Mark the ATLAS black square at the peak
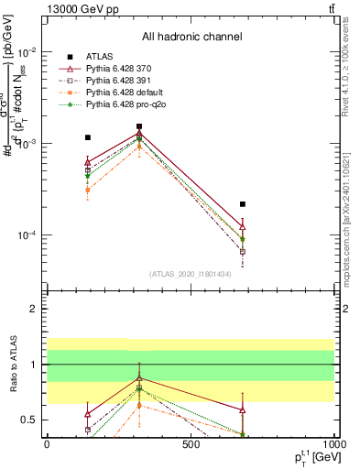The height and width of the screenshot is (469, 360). click(139, 126)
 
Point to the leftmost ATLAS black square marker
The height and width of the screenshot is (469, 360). click(88, 137)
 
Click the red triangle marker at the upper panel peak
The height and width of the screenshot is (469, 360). click(139, 134)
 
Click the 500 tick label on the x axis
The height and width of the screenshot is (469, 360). click(191, 445)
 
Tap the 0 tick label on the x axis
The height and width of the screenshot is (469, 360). click(47, 445)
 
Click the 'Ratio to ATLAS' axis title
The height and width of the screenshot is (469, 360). click(13, 365)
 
